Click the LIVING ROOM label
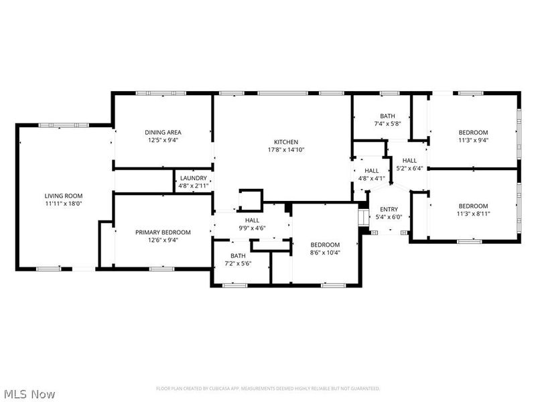coord(64,196)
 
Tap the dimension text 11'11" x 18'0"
coord(64,203)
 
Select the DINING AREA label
coord(164,132)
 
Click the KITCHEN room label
coord(285,142)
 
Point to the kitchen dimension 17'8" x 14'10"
coord(285,149)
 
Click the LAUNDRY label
coord(194,178)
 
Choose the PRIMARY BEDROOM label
coord(163,232)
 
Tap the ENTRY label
coord(389,210)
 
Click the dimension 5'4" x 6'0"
coord(389,217)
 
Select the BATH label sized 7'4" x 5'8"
coord(387,116)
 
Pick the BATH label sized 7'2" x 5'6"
coord(238,256)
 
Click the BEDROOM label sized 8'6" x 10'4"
coord(324,245)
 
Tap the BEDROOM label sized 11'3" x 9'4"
coord(473,132)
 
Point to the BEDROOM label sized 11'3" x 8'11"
coord(473,206)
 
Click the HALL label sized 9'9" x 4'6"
coord(252,220)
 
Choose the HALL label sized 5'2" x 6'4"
coord(409,161)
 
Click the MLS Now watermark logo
coord(29,394)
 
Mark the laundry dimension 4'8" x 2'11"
coord(194,186)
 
